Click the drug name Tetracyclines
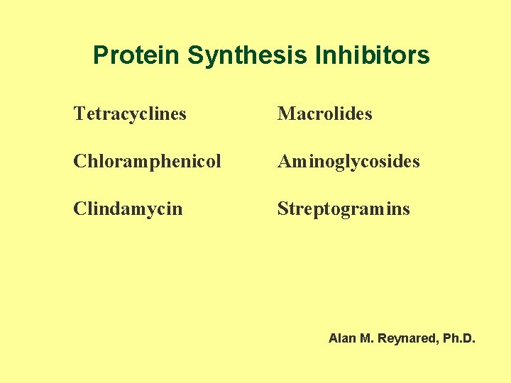130,113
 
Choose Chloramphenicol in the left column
147,162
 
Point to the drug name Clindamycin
128,209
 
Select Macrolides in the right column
324,113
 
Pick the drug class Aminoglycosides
348,162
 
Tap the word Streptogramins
344,209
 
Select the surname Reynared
407,339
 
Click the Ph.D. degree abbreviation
459,339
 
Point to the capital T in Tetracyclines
78,113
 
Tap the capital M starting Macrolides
285,113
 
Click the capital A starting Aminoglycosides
284,162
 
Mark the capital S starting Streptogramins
282,209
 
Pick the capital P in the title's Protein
100,55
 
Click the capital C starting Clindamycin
78,209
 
